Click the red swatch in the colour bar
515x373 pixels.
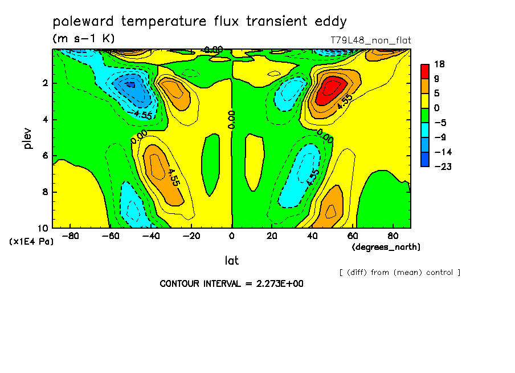pyautogui.click(x=425, y=71)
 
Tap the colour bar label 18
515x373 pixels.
pyautogui.click(x=440, y=64)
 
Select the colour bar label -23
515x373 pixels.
pyautogui.click(x=442, y=167)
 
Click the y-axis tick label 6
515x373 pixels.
pyautogui.click(x=44, y=156)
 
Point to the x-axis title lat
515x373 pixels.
pyautogui.click(x=231, y=261)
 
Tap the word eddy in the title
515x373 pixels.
pyautogui.click(x=330, y=22)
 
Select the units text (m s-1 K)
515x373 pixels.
pyautogui.click(x=84, y=39)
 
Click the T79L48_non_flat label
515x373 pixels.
pyautogui.click(x=370, y=40)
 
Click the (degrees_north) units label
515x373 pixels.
pyautogui.click(x=386, y=246)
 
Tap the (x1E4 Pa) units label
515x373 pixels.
pyautogui.click(x=31, y=241)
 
